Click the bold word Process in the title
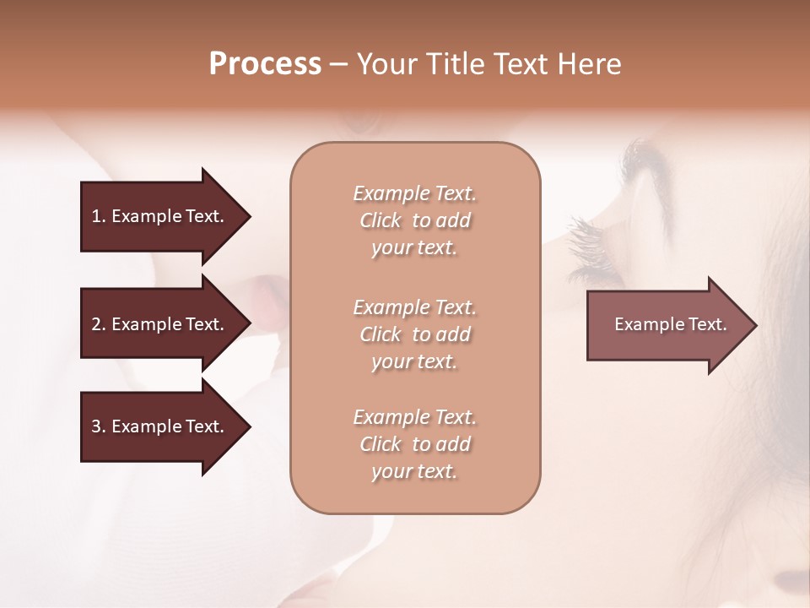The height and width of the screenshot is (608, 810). (265, 64)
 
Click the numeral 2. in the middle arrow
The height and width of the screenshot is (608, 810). (98, 324)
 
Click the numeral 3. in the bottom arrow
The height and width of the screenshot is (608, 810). (98, 426)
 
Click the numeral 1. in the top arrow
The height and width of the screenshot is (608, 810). (98, 216)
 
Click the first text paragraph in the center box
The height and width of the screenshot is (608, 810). (414, 220)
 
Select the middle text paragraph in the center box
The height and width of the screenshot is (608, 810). (414, 334)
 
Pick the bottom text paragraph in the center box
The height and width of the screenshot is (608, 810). (414, 444)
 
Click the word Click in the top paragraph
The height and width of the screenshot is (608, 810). (381, 221)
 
